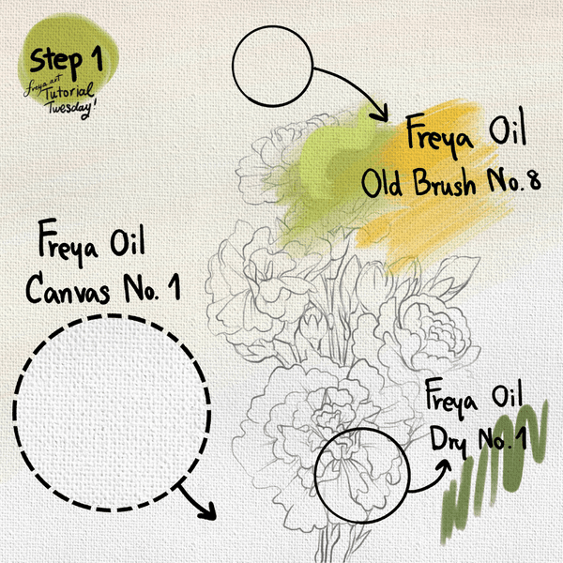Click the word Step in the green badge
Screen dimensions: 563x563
click(x=56, y=61)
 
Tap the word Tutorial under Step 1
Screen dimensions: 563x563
click(x=69, y=92)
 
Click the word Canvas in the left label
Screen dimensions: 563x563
click(x=68, y=289)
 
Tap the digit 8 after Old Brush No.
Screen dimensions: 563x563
click(x=535, y=180)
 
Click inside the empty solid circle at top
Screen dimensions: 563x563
click(x=272, y=66)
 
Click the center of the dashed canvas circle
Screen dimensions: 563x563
click(x=112, y=413)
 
